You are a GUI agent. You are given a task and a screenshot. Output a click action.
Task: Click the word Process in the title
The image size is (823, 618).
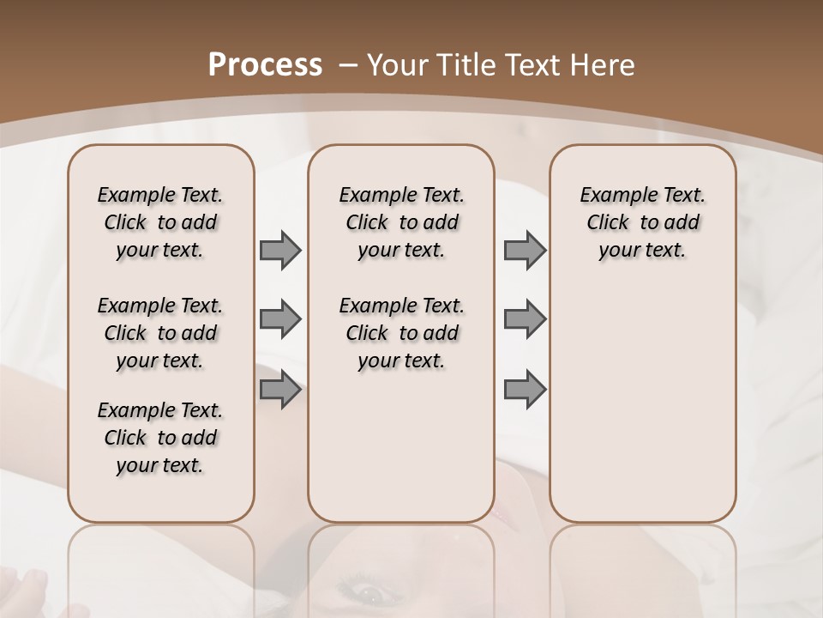click(265, 65)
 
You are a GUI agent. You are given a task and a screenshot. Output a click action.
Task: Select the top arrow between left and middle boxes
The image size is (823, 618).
click(280, 250)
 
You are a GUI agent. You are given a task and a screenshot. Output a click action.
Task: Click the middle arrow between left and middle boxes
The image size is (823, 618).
click(280, 319)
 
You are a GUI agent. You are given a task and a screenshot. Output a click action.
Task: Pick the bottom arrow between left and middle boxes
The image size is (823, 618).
click(280, 389)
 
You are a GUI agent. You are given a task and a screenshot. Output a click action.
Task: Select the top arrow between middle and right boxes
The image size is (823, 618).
click(525, 250)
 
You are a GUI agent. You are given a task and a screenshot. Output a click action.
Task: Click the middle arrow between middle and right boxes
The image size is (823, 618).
click(525, 319)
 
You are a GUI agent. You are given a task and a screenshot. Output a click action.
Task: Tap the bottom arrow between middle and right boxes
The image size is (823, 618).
click(525, 389)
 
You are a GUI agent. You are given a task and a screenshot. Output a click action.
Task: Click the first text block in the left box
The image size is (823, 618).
click(160, 222)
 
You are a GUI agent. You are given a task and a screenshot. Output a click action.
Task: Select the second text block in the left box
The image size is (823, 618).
click(160, 333)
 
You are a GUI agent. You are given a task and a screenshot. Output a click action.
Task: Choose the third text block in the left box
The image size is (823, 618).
click(160, 438)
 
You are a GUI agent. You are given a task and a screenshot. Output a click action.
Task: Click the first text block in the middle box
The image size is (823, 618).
click(401, 222)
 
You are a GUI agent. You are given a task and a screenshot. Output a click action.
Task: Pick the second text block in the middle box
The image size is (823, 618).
click(401, 333)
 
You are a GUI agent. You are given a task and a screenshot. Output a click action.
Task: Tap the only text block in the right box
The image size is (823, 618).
click(642, 222)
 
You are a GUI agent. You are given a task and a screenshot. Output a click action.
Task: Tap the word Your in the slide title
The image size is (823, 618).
click(397, 65)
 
